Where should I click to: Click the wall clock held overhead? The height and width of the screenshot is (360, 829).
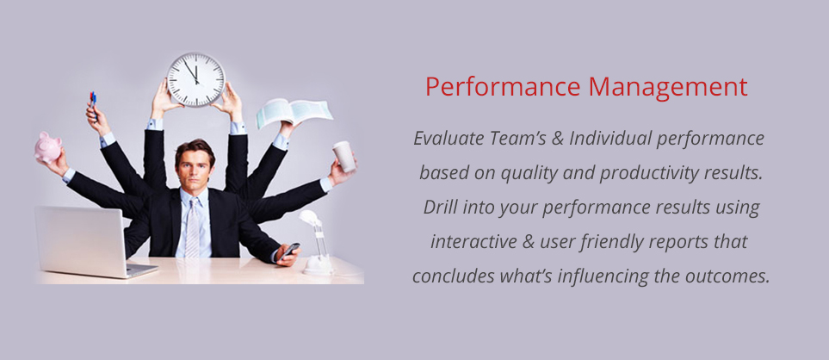pos(196,78)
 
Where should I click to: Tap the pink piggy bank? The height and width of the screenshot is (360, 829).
pos(47,147)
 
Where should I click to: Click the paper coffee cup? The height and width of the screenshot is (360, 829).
pos(344,156)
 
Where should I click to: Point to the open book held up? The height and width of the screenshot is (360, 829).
pos(294,113)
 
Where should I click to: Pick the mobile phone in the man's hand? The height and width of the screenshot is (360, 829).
pos(290,250)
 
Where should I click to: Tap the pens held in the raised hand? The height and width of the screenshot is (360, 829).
pos(93,101)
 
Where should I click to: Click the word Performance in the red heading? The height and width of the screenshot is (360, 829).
pos(502,87)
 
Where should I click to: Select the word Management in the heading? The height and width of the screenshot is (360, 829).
pos(668,87)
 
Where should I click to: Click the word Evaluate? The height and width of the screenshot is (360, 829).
pos(449,138)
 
